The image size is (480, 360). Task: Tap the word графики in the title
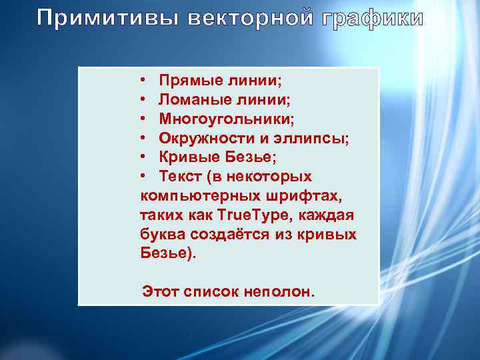pyautogui.click(x=373, y=18)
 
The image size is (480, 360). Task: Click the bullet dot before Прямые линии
pyautogui.click(x=145, y=81)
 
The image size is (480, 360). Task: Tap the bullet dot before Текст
pyautogui.click(x=145, y=177)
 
